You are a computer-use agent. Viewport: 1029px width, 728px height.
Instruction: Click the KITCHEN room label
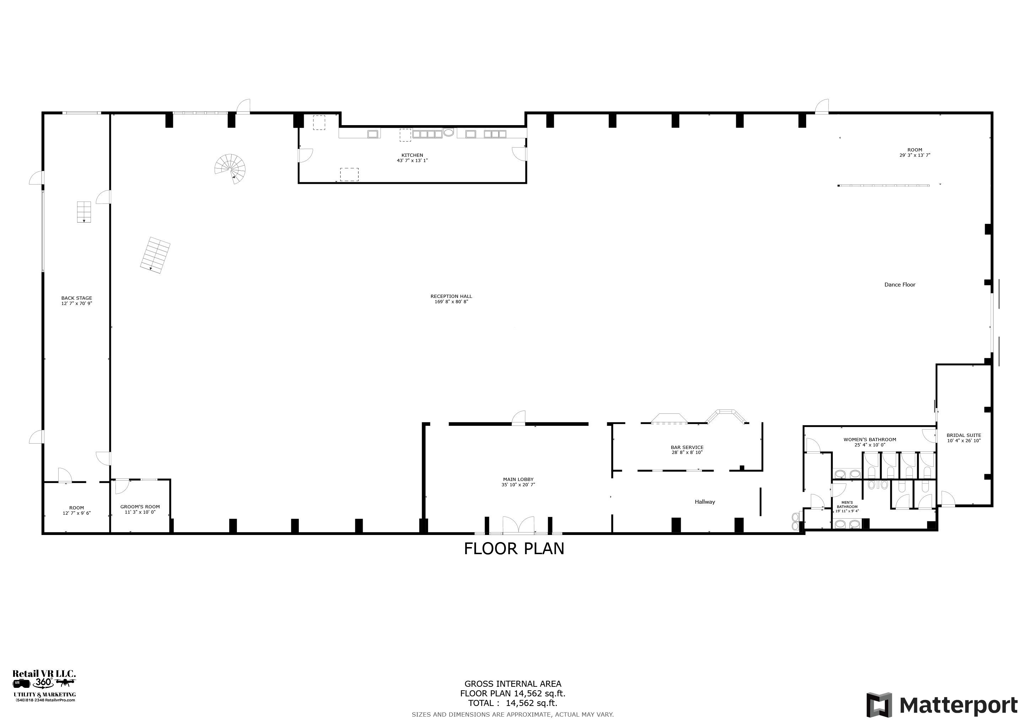(412, 155)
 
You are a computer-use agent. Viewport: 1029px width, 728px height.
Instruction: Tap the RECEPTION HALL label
(451, 296)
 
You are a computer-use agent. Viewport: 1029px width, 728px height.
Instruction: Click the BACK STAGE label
(77, 298)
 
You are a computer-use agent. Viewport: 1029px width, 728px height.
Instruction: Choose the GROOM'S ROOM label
(140, 507)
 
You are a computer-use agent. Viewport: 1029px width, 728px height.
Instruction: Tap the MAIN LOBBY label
(518, 479)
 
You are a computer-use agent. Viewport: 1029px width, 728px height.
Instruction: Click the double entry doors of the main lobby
(518, 524)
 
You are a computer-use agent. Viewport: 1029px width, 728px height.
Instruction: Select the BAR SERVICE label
(687, 448)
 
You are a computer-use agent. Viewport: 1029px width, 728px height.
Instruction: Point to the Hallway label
(705, 502)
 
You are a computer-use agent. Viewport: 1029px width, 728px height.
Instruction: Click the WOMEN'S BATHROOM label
(869, 440)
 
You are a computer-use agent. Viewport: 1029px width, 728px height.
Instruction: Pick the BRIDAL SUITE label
(964, 435)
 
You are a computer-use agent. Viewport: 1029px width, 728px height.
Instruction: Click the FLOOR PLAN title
(514, 549)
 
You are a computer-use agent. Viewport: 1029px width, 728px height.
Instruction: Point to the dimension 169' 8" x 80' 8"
(451, 302)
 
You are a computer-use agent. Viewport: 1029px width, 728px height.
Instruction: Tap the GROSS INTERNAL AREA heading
(513, 684)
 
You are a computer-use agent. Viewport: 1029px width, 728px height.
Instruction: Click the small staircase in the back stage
(83, 212)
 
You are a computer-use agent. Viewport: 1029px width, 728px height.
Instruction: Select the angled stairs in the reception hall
(155, 254)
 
